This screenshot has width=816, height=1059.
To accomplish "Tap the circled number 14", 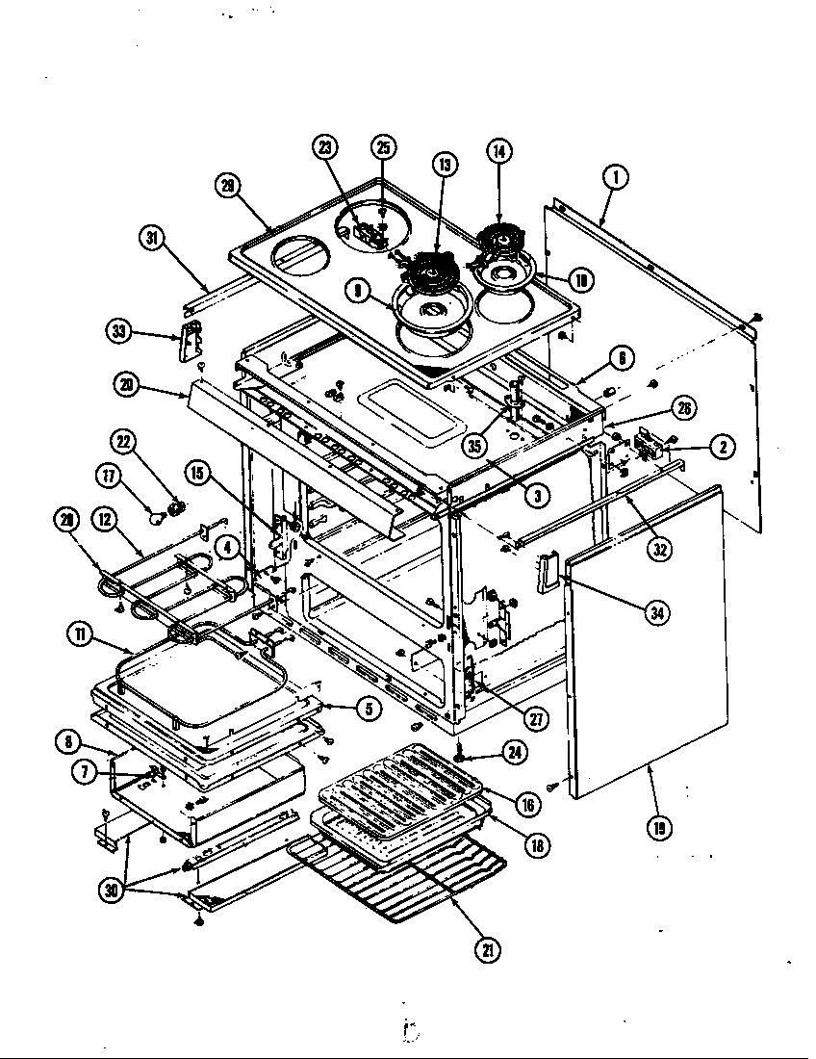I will coord(499,151).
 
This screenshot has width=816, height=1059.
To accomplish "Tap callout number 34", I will coord(658,611).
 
